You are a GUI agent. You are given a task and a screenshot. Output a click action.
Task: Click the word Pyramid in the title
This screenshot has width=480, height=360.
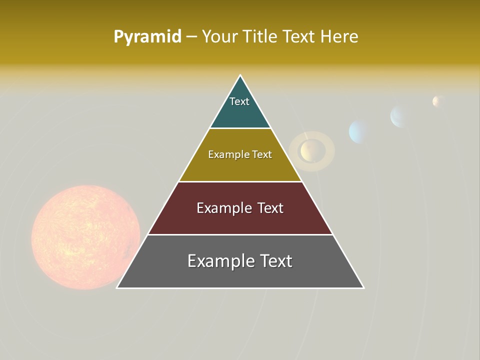pyautogui.click(x=147, y=37)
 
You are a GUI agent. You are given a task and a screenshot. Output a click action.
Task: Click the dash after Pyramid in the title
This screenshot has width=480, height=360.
pyautogui.click(x=191, y=37)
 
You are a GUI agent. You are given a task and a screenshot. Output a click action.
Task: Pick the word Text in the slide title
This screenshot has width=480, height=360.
pyautogui.click(x=300, y=37)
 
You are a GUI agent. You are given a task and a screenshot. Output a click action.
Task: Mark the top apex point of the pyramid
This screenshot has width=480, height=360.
pyautogui.click(x=240, y=75)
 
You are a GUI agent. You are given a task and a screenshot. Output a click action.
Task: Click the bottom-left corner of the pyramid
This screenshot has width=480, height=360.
pyautogui.click(x=117, y=287)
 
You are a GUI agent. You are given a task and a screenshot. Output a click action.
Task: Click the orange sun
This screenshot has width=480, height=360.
pyautogui.click(x=85, y=237)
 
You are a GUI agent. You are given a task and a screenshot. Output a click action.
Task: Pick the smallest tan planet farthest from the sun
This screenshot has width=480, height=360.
pyautogui.click(x=438, y=101)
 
